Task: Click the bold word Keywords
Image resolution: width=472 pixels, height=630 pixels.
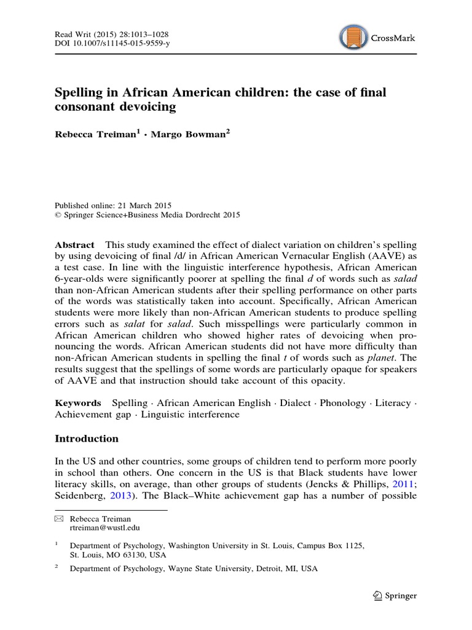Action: tap(78, 403)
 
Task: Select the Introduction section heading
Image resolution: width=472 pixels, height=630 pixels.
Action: tap(87, 439)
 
